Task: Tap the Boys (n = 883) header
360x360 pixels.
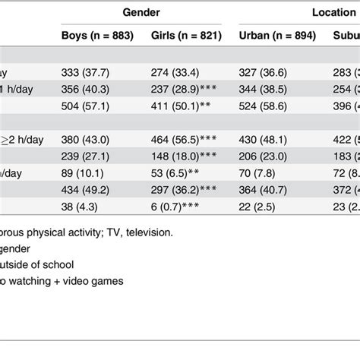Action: pyautogui.click(x=96, y=36)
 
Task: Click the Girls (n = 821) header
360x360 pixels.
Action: pyautogui.click(x=186, y=36)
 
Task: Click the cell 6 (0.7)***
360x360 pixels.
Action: pyautogui.click(x=179, y=202)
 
